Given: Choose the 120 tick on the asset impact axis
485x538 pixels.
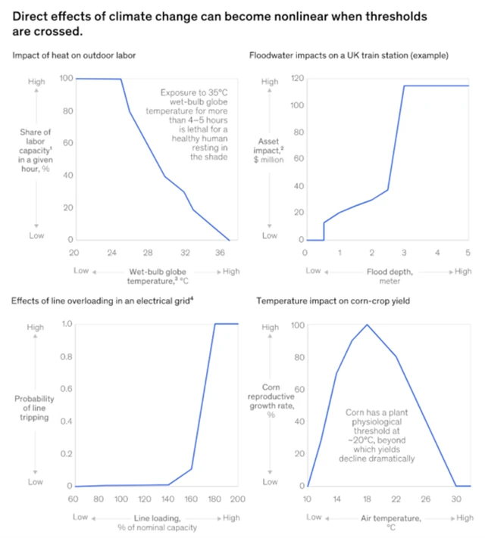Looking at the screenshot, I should point(298,78).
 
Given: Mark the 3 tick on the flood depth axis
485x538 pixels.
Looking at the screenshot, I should point(404,251).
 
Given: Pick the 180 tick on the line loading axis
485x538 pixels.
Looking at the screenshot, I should point(215,499).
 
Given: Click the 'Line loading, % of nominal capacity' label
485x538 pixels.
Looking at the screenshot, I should point(155,522).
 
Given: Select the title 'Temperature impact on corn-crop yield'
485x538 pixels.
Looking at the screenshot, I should point(344,301).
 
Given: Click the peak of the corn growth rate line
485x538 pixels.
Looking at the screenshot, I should point(368,325).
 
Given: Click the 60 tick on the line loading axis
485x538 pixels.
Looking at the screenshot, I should point(74,499).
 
